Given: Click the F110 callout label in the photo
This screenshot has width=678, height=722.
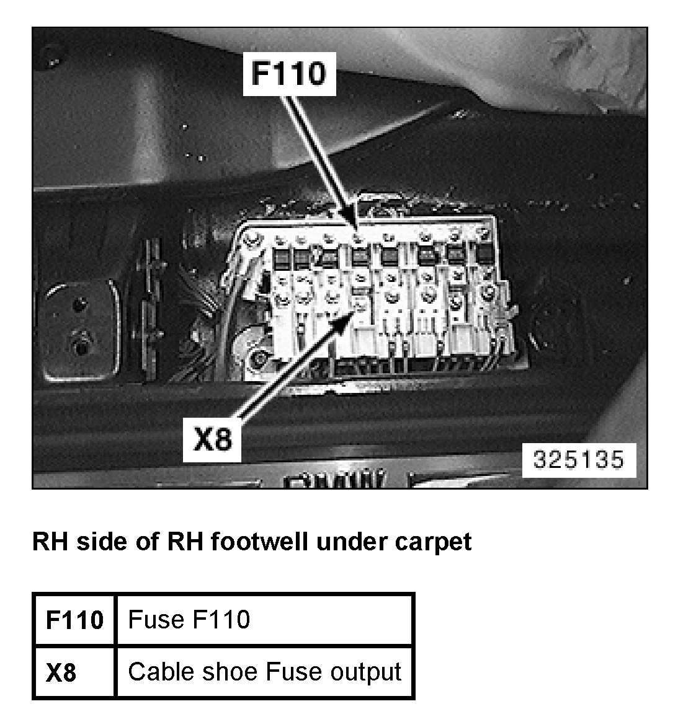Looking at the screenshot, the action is coord(288,73).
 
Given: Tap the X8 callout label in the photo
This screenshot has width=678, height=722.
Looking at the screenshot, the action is coord(212,439).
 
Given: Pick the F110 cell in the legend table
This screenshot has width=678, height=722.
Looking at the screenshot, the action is coord(74,620).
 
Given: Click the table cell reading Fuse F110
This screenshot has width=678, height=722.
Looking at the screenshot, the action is coord(189,620).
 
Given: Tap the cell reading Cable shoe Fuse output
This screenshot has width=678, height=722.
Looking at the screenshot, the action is coord(264,672).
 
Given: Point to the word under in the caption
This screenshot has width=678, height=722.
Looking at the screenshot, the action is coord(352,542).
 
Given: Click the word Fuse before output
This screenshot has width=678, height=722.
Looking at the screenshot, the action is coord(295,672).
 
